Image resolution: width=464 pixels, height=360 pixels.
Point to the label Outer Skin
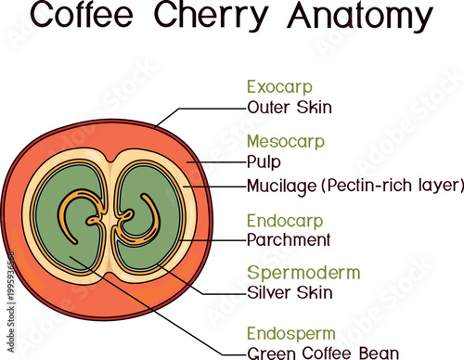point(290,107)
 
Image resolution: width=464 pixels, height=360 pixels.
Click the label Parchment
point(289,240)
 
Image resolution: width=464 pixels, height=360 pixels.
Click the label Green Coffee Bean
point(322,353)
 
